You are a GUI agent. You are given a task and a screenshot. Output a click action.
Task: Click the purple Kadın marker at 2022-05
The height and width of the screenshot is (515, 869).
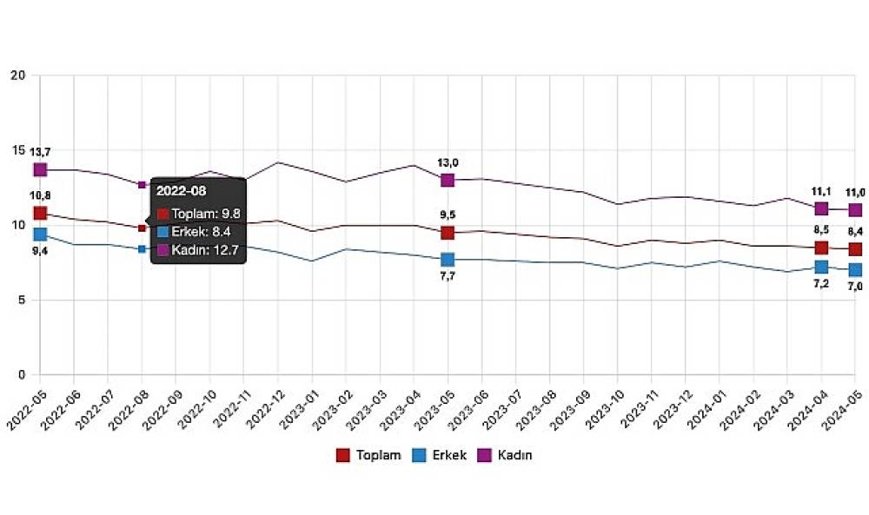click(40, 169)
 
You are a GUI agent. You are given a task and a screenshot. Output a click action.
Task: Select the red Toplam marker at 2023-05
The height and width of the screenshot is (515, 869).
click(448, 233)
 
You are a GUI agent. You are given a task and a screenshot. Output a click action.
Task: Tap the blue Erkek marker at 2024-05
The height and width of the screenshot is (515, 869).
click(855, 270)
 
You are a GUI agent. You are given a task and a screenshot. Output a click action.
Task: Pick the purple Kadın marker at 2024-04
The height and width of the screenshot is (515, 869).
click(821, 208)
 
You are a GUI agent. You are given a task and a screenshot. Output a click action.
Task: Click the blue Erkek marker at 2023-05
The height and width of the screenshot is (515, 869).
click(448, 260)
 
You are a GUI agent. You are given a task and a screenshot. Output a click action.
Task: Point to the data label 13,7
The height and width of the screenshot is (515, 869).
click(40, 152)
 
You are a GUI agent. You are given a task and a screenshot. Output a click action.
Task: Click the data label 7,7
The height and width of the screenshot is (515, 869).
click(448, 278)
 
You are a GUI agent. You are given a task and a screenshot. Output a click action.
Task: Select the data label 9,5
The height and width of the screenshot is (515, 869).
click(448, 215)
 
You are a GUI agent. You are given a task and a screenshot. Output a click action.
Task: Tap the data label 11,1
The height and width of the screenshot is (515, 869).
click(821, 191)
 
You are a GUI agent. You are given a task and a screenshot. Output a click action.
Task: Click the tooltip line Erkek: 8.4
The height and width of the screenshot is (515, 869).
click(198, 232)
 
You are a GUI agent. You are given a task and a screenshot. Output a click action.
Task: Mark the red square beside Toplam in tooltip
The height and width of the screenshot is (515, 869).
click(163, 214)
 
